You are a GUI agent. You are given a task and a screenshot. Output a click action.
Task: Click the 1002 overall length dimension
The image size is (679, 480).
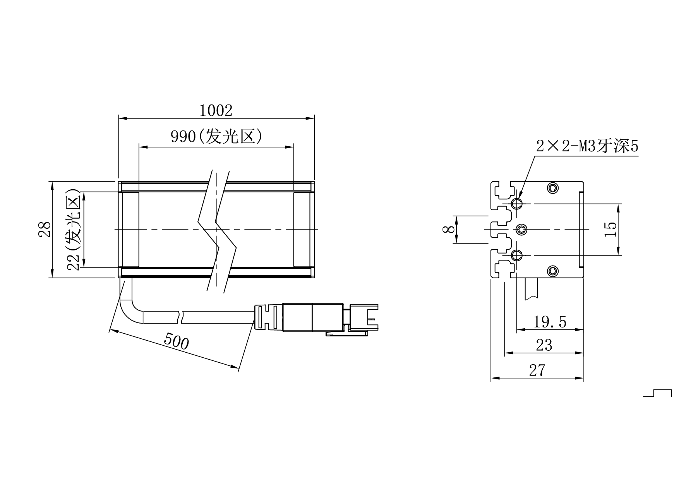[x=216, y=111]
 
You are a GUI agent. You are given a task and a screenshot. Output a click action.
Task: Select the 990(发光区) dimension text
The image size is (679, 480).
[x=216, y=137]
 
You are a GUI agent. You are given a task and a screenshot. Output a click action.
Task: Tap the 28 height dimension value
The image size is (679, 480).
[x=45, y=229]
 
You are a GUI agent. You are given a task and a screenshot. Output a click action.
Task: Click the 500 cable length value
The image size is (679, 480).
[x=177, y=341]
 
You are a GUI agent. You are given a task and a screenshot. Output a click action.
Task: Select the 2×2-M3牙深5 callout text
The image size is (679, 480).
[x=587, y=146]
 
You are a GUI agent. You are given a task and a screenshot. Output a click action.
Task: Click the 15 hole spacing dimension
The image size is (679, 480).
[x=610, y=229]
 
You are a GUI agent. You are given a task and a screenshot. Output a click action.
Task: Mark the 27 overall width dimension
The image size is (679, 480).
[x=537, y=370]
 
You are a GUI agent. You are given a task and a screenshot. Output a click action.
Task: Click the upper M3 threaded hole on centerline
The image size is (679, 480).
[x=517, y=204]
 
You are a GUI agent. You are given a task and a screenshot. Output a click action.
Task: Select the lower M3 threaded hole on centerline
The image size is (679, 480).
[x=517, y=255]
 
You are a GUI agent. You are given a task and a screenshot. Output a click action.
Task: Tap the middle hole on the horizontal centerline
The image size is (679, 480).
[x=521, y=230]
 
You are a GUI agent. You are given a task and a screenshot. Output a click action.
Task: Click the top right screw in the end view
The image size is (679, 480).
[x=553, y=189]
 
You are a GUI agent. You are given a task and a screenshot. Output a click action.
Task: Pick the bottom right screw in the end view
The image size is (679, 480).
[x=553, y=271]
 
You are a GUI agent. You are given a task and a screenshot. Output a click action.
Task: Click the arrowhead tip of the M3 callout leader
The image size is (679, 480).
[x=519, y=199]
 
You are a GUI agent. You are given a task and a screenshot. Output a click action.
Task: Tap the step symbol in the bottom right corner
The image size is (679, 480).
[x=658, y=393]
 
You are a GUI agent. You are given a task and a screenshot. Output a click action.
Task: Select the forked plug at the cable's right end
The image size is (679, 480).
[x=364, y=317]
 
